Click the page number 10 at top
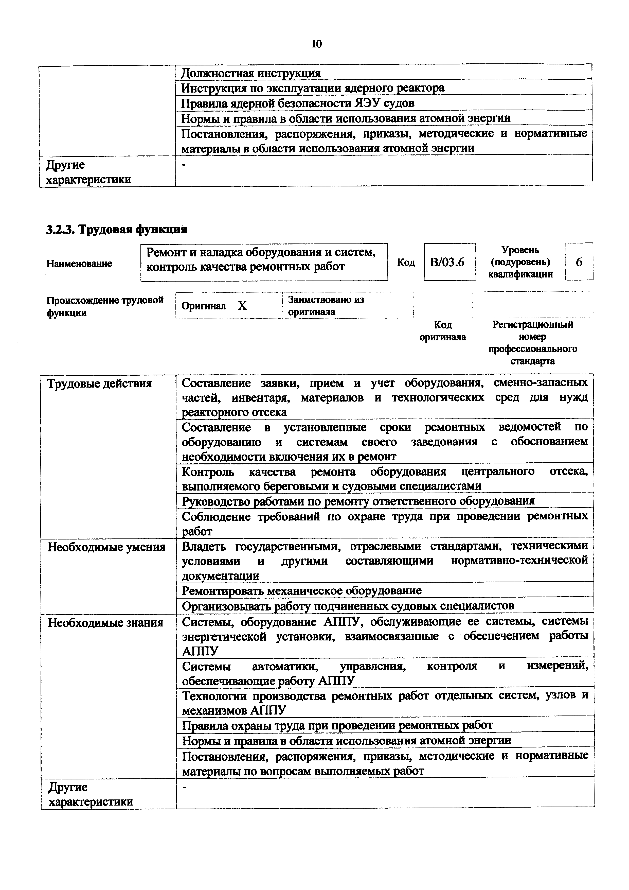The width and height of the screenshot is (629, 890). pyautogui.click(x=316, y=44)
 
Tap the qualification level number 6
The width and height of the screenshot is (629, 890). pyautogui.click(x=579, y=263)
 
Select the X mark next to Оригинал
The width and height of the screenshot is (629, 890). pyautogui.click(x=242, y=306)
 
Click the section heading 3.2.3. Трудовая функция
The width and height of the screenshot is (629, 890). pyautogui.click(x=117, y=230)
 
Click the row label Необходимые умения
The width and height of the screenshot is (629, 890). pyautogui.click(x=106, y=547)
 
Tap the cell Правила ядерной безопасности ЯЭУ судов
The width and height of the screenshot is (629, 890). pyautogui.click(x=298, y=103)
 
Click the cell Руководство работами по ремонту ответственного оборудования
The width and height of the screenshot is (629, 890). pyautogui.click(x=358, y=501)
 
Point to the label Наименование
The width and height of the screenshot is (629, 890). pyautogui.click(x=79, y=264)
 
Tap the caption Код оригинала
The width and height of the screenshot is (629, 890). pyautogui.click(x=443, y=331)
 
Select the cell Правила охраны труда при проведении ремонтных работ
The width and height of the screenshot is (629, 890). pyautogui.click(x=337, y=725)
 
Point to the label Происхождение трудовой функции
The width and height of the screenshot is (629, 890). pyautogui.click(x=105, y=306)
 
